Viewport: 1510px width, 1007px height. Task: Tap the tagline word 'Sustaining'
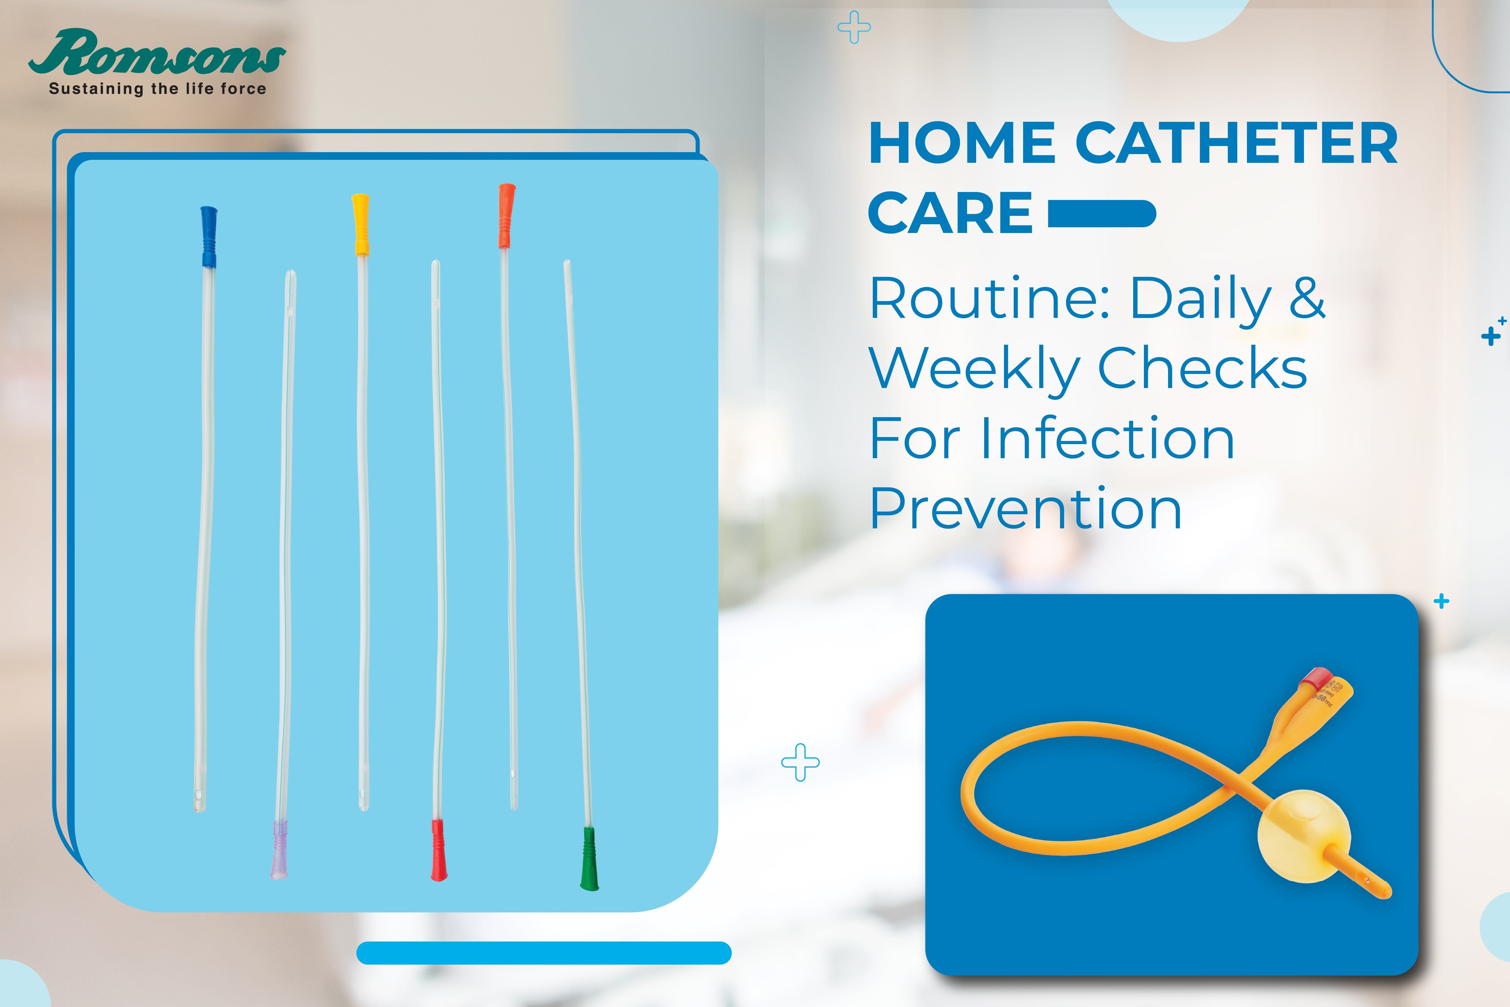pos(96,89)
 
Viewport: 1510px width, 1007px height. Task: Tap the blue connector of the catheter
pos(209,236)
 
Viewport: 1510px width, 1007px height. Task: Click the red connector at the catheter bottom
pos(439,849)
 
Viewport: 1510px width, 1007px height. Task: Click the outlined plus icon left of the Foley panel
pos(800,762)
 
